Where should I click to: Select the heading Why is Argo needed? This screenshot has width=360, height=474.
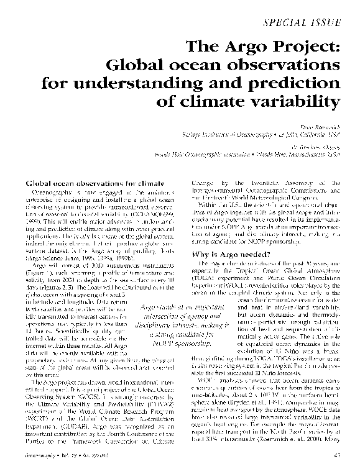pyautogui.click(x=229, y=238)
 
